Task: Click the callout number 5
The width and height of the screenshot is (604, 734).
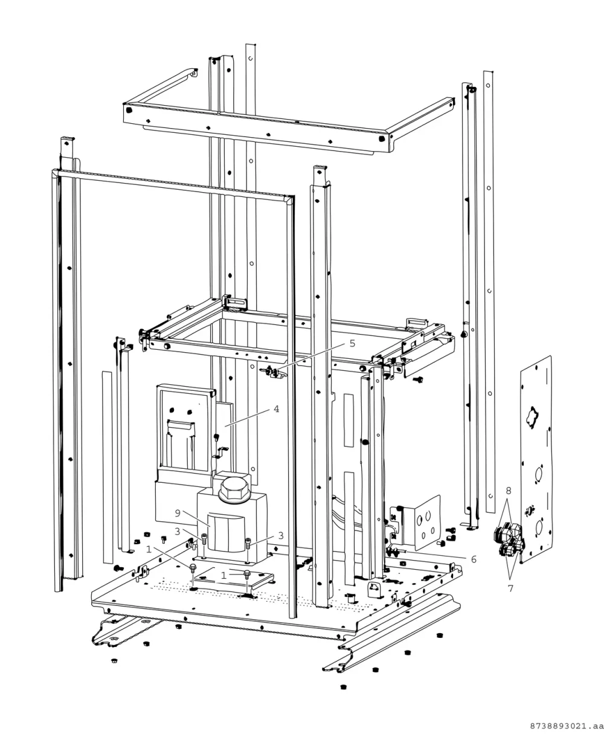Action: [353, 344]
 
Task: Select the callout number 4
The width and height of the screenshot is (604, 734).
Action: [277, 409]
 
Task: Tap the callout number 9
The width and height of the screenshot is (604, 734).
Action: [178, 513]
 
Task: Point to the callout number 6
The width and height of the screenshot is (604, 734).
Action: [474, 559]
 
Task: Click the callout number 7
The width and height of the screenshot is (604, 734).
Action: [510, 588]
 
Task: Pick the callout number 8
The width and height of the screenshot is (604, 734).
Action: [509, 491]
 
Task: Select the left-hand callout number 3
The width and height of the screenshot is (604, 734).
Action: [178, 532]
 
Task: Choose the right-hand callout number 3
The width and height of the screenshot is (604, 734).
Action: [281, 535]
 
